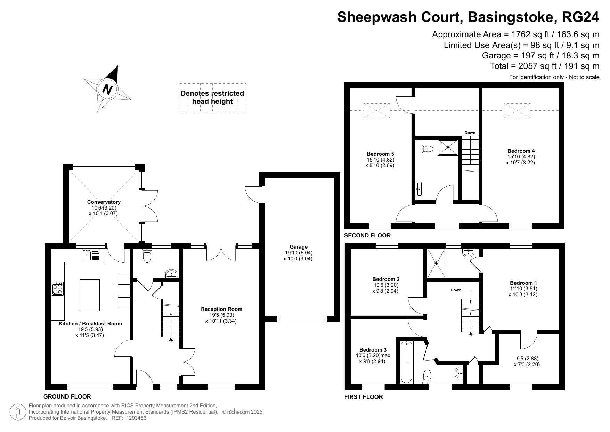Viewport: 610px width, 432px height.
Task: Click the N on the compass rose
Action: click(x=107, y=89)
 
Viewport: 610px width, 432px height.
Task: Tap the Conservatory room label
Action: click(x=104, y=202)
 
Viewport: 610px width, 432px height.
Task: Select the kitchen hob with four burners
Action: click(x=58, y=289)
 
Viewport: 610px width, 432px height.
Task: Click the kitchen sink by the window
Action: click(x=91, y=255)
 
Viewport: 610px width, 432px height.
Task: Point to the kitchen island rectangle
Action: click(x=90, y=294)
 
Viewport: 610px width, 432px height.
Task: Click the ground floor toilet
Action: click(x=147, y=257)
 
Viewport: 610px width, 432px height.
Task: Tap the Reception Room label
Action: click(x=221, y=309)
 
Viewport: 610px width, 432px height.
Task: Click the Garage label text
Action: click(x=298, y=247)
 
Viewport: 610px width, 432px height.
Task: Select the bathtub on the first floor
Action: click(x=406, y=362)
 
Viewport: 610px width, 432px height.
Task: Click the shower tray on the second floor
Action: click(x=448, y=147)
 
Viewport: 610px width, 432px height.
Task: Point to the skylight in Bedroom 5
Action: click(x=377, y=110)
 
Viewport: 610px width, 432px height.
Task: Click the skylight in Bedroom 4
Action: click(x=517, y=110)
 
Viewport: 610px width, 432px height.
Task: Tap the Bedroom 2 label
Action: click(x=386, y=279)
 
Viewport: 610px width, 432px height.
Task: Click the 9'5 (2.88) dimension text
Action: click(x=527, y=359)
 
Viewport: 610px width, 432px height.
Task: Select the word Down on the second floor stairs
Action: click(x=470, y=133)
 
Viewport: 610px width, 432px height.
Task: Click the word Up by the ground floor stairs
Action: click(x=171, y=339)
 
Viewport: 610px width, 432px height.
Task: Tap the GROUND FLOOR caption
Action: click(x=67, y=396)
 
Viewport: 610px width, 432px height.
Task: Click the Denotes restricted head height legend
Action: click(x=212, y=97)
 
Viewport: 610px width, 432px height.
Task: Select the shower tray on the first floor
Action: click(x=436, y=264)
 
